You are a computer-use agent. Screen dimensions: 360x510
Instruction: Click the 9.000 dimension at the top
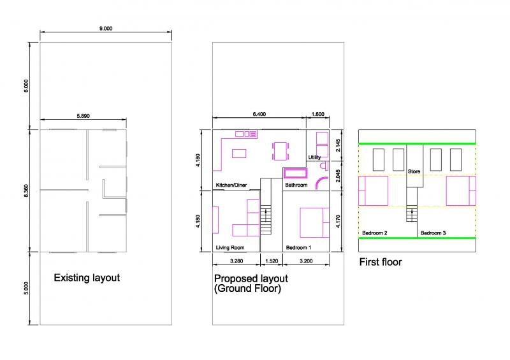tap(106, 28)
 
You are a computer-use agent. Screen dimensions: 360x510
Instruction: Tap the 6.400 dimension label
tap(259, 115)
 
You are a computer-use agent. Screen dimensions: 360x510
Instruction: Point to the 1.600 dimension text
tap(317, 115)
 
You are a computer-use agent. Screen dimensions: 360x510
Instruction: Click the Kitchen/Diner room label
tap(231, 185)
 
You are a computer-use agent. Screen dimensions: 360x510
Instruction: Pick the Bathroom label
tap(296, 185)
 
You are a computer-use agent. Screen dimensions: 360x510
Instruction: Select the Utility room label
tap(315, 157)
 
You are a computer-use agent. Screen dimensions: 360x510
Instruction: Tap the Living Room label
tap(230, 247)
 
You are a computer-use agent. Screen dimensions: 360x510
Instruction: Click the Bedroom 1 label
tap(298, 247)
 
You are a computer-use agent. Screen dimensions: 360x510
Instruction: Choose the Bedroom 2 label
tap(374, 233)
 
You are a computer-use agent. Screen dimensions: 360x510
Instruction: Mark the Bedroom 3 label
tap(433, 233)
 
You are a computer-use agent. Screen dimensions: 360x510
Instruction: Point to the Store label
tap(414, 171)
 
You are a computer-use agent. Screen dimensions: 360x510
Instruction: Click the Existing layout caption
tap(87, 278)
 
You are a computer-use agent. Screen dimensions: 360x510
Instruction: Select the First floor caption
tap(381, 261)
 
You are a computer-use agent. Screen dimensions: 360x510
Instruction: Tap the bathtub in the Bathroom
tap(295, 173)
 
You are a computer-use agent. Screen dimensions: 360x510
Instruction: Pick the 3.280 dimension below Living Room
tap(237, 261)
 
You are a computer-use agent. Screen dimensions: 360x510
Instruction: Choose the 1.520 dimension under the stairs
tap(272, 261)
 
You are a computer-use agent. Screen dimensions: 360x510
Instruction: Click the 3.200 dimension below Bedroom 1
tap(306, 261)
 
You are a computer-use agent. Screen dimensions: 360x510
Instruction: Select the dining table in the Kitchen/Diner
tap(280, 150)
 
